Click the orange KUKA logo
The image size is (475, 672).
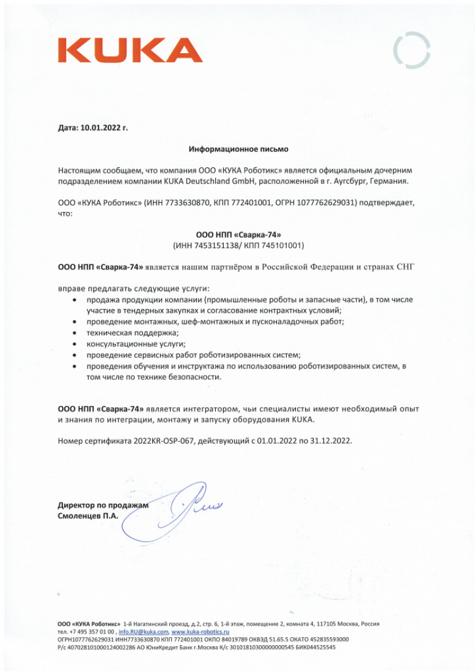point(130,50)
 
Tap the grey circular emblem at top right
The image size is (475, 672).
point(411,50)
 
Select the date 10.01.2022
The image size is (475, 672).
point(100,128)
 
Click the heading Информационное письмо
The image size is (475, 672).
point(238,148)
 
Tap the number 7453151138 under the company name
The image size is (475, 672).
point(212,246)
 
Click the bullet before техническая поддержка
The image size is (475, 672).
point(75,333)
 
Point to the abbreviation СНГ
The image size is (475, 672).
point(405,267)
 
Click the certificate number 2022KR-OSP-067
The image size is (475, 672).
point(163,440)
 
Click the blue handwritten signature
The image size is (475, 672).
point(183,507)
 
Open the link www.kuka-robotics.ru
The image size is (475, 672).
point(200,632)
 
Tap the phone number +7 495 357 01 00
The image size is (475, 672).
point(92,632)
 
